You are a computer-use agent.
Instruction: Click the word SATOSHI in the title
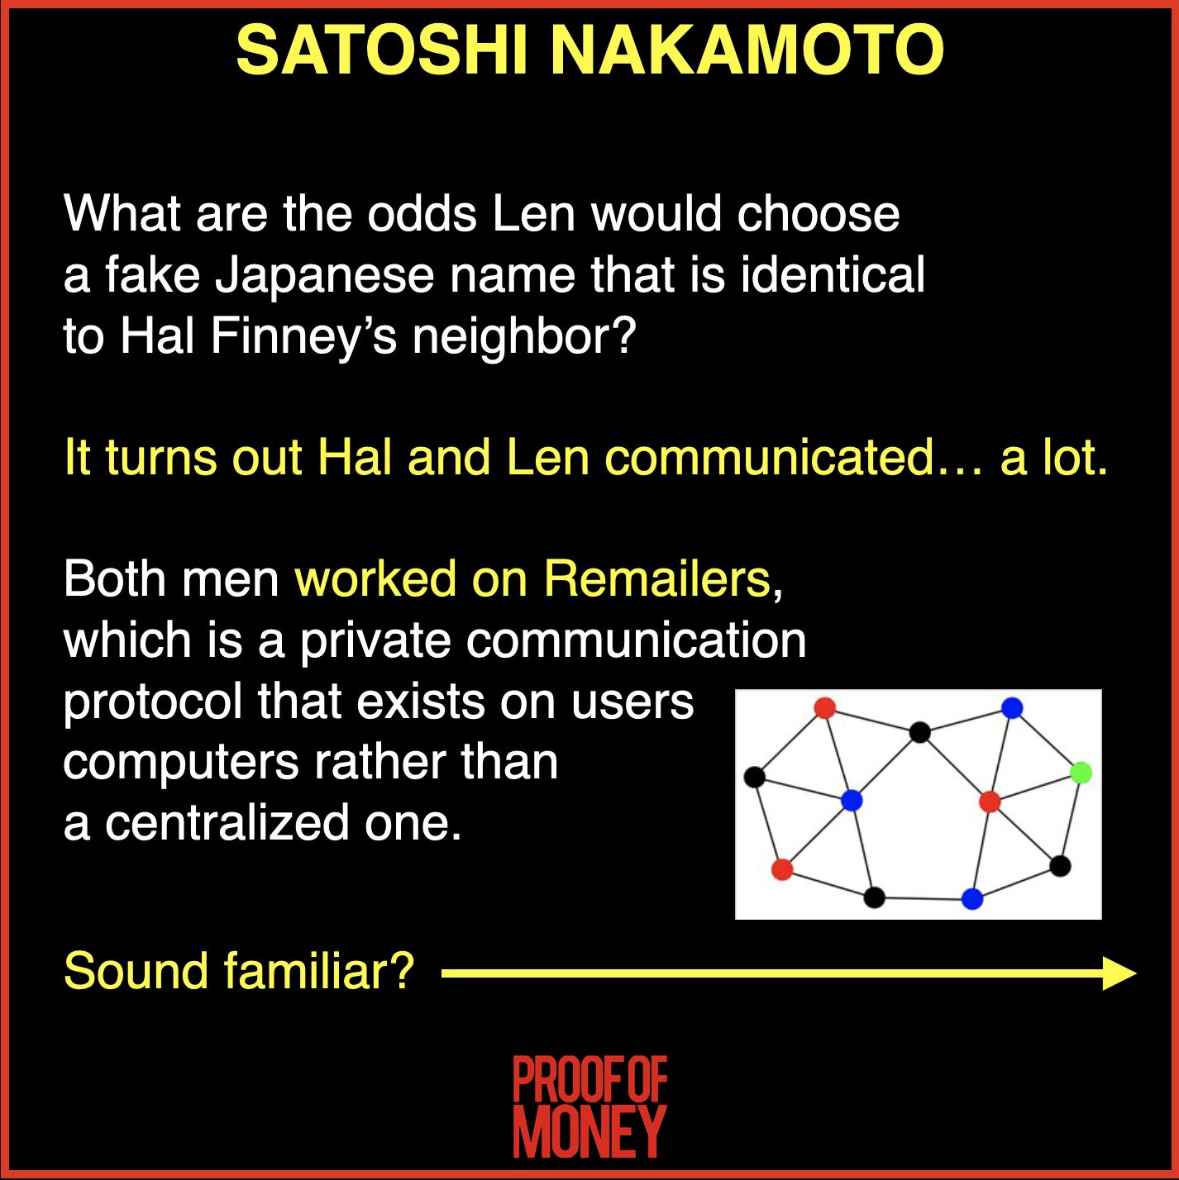click(381, 51)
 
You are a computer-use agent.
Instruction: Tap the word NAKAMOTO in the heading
click(747, 51)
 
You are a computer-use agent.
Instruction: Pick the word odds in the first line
click(422, 214)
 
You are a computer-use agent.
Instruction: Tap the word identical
click(833, 274)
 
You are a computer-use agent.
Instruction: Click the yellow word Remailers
click(656, 578)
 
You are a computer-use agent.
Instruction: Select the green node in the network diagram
click(1081, 773)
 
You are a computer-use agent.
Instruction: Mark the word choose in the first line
click(818, 214)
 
